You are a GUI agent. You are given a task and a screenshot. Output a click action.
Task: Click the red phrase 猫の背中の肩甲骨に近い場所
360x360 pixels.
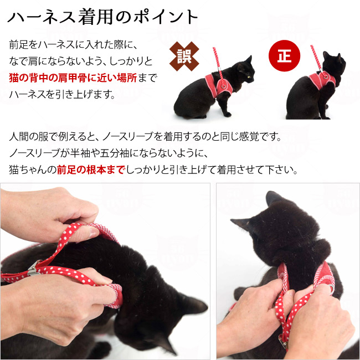[x=73, y=78]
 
